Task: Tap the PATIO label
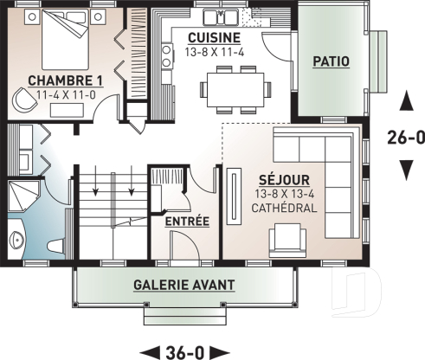[333, 61]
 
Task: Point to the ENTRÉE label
[187, 222]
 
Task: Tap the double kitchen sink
[221, 16]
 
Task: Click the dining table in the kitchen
[235, 87]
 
